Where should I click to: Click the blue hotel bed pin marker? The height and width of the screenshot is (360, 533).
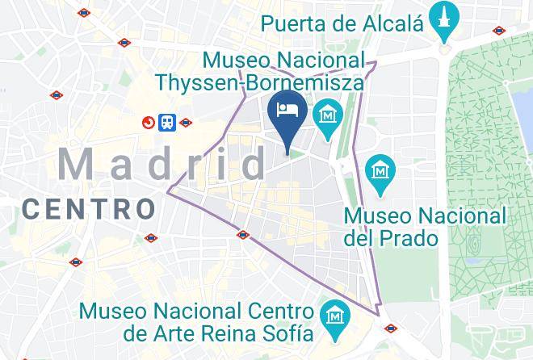coord(286,111)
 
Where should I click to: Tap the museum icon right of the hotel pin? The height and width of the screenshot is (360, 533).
coord(328,114)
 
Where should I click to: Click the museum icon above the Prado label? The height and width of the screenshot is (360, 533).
coord(379,171)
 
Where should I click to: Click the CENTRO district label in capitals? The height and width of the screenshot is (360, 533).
coord(89,209)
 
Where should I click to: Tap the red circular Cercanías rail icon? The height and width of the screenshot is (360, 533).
coord(149,123)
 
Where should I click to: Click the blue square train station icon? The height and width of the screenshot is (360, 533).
coord(167,122)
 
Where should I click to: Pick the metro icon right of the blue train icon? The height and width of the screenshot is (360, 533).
coord(186,123)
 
